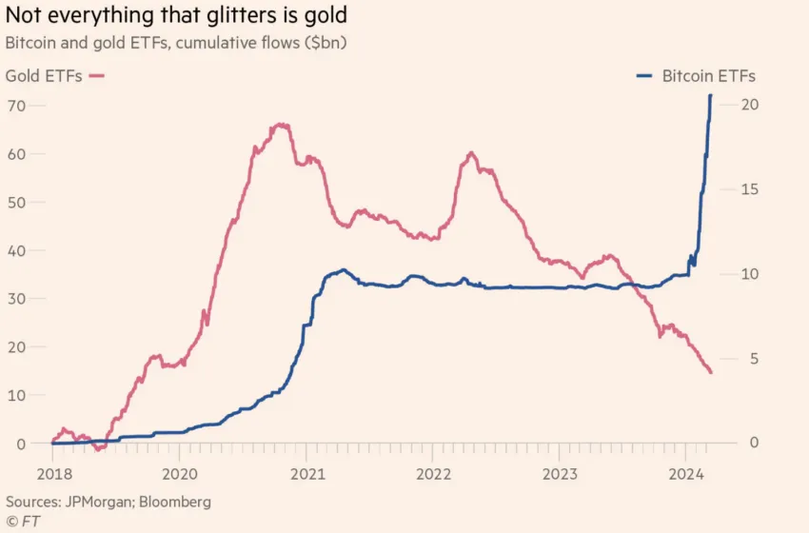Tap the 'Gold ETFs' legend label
click(x=43, y=76)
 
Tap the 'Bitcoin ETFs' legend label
click(x=708, y=76)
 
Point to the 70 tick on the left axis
click(x=16, y=105)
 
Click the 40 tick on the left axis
click(x=16, y=250)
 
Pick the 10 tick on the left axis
click(x=16, y=395)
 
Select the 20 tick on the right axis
click(x=748, y=105)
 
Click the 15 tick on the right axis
click(x=748, y=189)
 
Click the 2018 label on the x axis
click(x=52, y=473)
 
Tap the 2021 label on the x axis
click(x=306, y=473)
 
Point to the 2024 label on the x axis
click(x=687, y=473)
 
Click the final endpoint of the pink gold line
click(x=711, y=372)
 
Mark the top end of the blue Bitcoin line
click(x=710, y=95)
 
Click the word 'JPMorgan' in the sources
click(x=99, y=501)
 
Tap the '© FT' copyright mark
click(x=24, y=520)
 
